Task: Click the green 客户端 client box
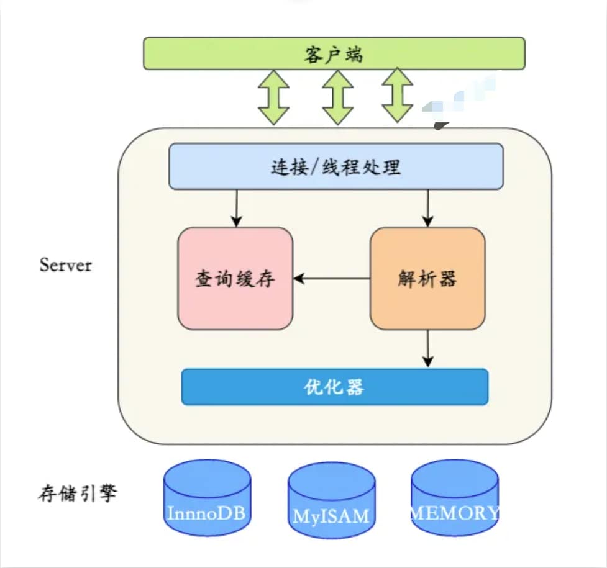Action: (334, 53)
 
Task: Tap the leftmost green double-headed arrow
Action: (273, 97)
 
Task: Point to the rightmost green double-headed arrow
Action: (397, 95)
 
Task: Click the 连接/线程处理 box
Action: (335, 166)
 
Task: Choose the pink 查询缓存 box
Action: (235, 278)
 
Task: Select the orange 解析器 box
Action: (427, 278)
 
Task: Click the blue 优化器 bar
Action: (334, 387)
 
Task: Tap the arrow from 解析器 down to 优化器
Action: (427, 349)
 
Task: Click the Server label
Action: (65, 265)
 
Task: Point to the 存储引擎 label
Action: (76, 495)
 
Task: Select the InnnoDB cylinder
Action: (207, 498)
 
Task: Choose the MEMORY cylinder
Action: (455, 498)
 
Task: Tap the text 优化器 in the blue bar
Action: (334, 387)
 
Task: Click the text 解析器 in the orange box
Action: (427, 279)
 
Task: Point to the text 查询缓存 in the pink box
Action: (235, 279)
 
